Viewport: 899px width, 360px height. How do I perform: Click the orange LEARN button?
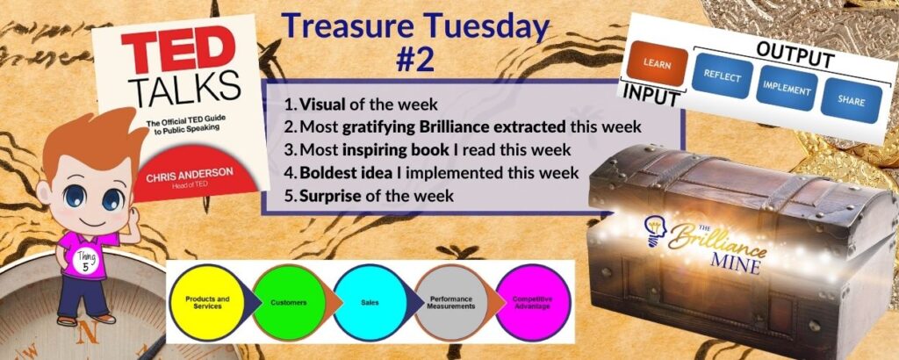click(657, 64)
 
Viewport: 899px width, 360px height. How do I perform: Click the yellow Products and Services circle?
click(207, 301)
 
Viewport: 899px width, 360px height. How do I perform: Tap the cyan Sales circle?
click(369, 301)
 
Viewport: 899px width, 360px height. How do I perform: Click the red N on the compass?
click(88, 334)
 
